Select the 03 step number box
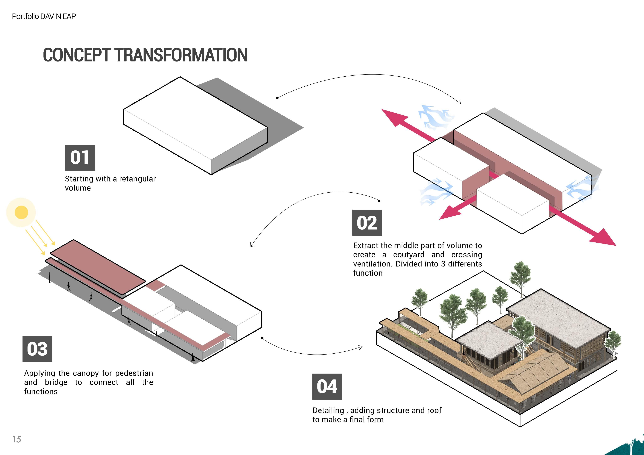tap(37, 349)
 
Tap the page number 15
tap(17, 439)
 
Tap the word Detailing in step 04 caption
tap(328, 411)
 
